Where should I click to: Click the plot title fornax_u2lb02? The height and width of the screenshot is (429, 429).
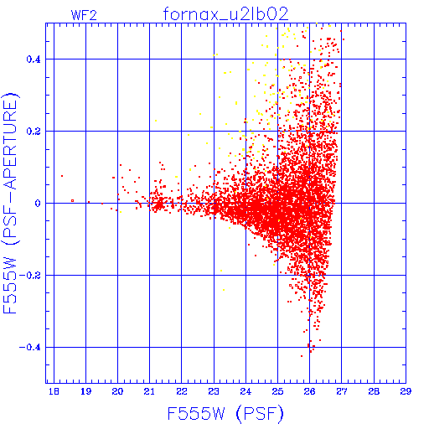coord(225,14)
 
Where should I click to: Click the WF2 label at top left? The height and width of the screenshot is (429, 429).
coord(84,15)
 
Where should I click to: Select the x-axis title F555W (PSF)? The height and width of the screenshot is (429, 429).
coord(225,414)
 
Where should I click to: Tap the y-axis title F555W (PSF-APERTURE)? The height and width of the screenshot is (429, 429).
coord(10,203)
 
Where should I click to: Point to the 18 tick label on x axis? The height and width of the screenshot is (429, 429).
coord(54,391)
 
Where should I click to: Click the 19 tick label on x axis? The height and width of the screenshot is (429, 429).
coord(85,391)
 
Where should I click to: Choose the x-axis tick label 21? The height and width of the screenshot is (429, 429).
coord(149,391)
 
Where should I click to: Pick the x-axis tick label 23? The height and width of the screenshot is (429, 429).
coord(214,391)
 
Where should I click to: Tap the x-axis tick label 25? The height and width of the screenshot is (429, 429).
coord(277,391)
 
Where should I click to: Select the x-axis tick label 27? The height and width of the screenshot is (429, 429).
coord(342,391)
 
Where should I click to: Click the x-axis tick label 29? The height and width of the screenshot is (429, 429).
coord(406,391)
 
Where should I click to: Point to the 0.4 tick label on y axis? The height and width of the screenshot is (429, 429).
coord(34,59)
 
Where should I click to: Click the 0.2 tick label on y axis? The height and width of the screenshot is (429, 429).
coord(34,132)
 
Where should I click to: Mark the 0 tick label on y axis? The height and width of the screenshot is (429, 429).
coord(38,204)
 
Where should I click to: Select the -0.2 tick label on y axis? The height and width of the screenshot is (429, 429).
coord(30,276)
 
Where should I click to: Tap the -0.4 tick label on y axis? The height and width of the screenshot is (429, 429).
coord(30,348)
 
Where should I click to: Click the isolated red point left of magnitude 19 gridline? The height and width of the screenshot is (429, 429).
coord(62,176)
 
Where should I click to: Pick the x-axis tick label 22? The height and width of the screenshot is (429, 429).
coord(182,391)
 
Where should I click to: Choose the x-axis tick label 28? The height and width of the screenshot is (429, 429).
coord(374,391)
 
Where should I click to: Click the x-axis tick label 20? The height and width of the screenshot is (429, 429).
coord(117,391)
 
